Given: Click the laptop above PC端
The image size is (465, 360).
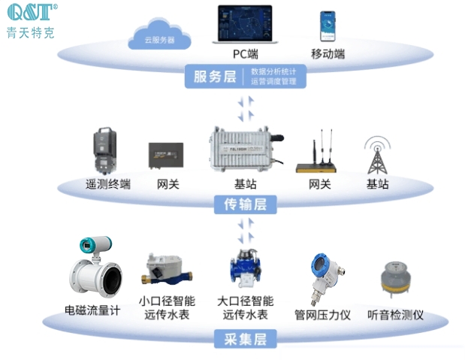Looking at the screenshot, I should [245, 26].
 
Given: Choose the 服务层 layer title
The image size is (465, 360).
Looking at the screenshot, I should [215, 76].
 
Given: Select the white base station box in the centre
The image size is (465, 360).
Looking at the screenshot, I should [243, 152].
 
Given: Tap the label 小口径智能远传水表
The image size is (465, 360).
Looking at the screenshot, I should [165, 307].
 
